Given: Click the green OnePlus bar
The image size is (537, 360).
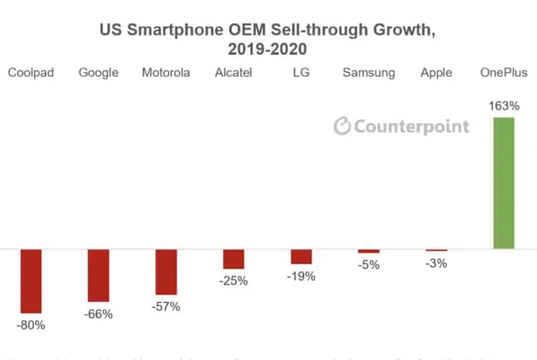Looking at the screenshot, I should click(503, 183).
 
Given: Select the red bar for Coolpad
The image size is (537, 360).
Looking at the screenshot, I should click(31, 281).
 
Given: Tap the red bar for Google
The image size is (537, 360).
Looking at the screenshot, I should click(98, 275).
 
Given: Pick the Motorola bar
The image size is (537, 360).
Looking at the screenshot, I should click(166, 271).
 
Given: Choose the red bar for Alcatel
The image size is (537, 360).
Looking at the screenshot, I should click(234, 259).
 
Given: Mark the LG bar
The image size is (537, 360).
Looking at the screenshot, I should click(301, 257).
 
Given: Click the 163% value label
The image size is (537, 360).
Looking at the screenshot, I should click(503, 106).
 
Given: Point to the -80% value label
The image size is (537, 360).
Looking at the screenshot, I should click(31, 326).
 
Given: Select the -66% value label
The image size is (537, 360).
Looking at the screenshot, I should click(98, 314).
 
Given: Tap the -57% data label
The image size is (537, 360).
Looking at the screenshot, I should click(166, 307).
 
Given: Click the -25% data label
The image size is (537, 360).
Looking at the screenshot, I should click(234, 281).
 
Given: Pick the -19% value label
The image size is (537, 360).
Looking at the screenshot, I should click(301, 276).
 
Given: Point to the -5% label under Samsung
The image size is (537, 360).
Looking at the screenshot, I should click(368, 265).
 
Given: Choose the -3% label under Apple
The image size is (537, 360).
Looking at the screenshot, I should click(436, 263).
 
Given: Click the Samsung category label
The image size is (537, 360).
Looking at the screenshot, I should click(368, 73).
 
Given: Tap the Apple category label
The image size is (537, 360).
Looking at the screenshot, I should click(436, 73).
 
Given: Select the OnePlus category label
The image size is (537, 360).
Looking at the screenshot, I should click(503, 73).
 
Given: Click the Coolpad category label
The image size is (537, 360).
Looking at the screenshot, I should click(31, 73).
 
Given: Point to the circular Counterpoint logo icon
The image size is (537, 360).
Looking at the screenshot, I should click(342, 126).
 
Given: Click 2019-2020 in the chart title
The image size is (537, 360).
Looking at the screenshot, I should click(267, 49).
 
